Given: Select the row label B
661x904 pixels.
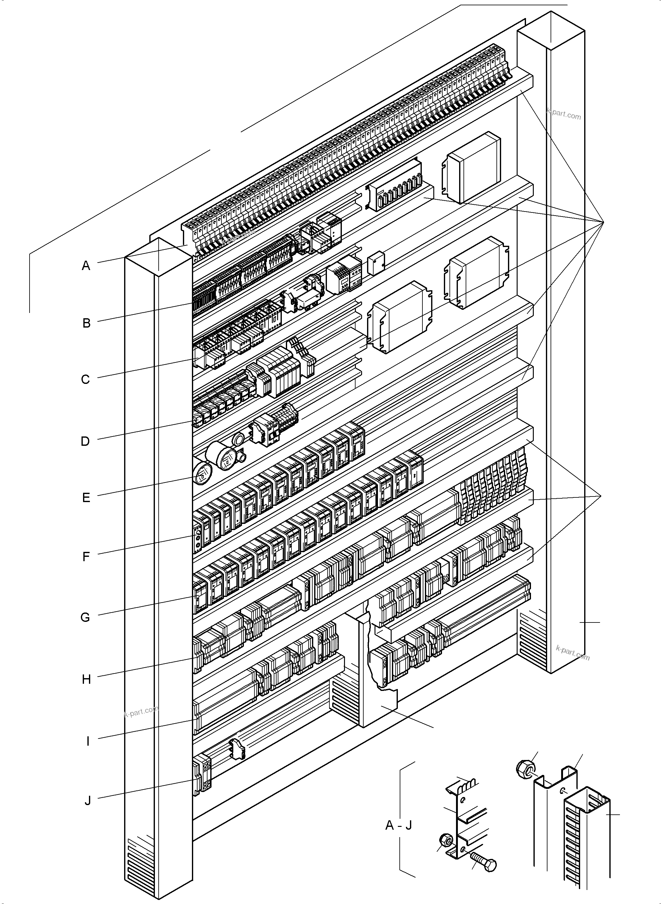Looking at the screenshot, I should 86,323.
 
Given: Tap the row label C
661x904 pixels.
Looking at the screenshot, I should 86,380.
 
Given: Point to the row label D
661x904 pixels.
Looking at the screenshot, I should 85,441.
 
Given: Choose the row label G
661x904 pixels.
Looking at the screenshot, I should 85,617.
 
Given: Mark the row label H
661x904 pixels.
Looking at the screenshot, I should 86,679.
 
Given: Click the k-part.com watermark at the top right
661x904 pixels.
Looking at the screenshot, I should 563,115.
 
